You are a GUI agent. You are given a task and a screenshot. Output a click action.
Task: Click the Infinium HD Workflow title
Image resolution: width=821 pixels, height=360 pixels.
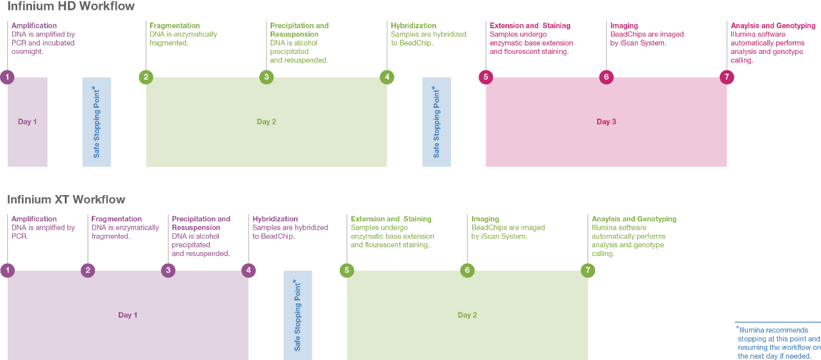click(x=71, y=6)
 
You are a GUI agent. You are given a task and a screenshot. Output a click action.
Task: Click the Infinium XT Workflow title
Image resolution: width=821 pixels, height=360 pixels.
click(x=67, y=200)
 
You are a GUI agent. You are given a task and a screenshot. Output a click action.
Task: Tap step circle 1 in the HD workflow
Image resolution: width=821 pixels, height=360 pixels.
click(x=7, y=77)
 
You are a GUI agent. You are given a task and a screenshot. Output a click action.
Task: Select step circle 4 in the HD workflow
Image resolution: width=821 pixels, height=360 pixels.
click(x=387, y=77)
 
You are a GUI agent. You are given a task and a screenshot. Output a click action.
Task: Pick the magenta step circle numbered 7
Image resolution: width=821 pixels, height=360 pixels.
click(x=727, y=77)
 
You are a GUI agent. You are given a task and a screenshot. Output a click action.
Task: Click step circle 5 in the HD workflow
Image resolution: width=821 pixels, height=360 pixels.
click(x=486, y=77)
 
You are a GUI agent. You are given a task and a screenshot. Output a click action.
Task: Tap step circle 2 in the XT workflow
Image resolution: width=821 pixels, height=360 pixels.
click(x=88, y=270)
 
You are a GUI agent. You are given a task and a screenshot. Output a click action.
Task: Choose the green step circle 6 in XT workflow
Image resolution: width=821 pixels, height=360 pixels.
click(x=467, y=270)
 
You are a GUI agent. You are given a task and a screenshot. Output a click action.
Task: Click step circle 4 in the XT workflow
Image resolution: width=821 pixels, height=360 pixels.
click(x=249, y=270)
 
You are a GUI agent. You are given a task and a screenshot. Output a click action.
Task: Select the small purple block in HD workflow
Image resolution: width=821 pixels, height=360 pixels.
click(x=28, y=122)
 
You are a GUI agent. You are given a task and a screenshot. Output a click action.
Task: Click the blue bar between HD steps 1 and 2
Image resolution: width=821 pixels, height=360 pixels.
click(x=97, y=122)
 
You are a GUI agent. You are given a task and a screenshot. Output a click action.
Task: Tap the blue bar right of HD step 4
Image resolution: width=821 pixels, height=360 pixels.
click(x=437, y=122)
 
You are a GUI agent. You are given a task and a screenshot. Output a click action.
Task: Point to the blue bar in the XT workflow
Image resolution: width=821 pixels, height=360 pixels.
click(x=298, y=314)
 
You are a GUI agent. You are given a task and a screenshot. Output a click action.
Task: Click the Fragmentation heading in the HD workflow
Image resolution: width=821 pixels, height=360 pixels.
click(x=174, y=26)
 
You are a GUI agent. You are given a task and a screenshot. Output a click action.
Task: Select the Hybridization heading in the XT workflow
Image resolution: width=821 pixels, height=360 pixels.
click(x=275, y=219)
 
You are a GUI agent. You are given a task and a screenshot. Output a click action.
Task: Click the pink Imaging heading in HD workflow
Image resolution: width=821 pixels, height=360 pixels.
click(x=624, y=26)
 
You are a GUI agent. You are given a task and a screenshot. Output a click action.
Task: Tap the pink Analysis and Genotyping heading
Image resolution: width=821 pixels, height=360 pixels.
click(x=773, y=26)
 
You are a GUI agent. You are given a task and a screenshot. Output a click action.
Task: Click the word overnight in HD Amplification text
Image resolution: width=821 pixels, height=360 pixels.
click(x=28, y=51)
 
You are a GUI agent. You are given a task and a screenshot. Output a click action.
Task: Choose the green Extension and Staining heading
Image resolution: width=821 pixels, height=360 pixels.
click(x=391, y=219)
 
